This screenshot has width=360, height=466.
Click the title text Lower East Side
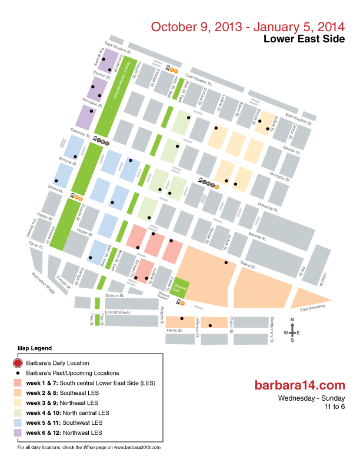tap(303, 39)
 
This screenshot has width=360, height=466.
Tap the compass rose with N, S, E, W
tap(292, 332)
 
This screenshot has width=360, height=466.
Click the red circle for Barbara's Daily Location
tap(18, 363)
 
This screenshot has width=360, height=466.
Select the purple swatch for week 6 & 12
tap(18, 433)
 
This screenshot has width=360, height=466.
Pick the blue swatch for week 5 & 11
tap(18, 423)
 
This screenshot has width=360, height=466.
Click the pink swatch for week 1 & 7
tap(18, 383)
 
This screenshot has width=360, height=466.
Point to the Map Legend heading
tap(35, 348)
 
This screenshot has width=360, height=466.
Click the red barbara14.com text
tap(298, 385)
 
